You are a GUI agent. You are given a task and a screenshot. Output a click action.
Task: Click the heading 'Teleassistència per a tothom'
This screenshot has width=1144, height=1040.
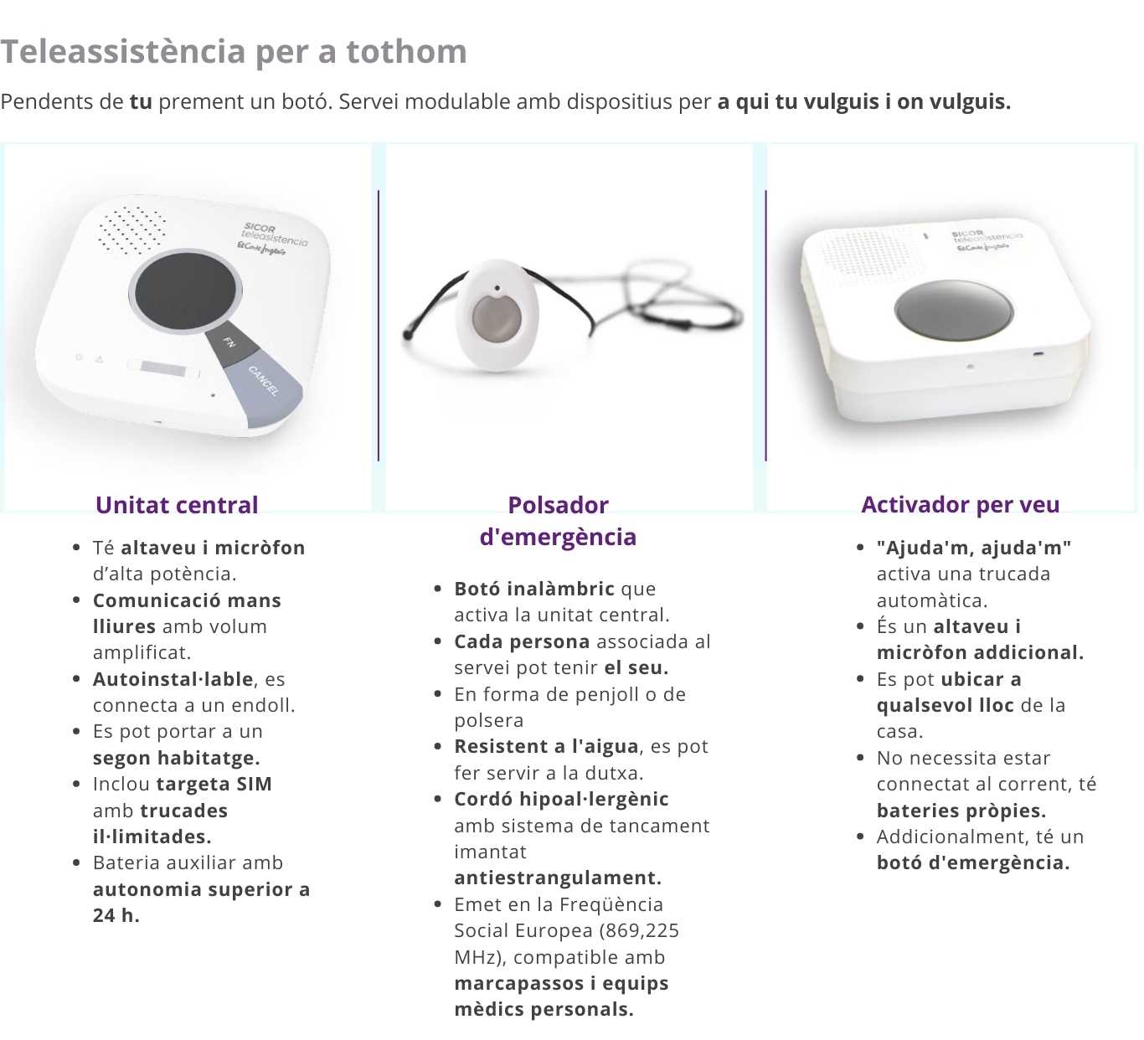234,52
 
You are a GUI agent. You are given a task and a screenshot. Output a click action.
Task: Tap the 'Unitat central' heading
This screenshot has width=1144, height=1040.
177,505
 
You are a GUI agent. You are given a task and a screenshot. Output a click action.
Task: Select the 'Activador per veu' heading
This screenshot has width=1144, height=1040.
961,505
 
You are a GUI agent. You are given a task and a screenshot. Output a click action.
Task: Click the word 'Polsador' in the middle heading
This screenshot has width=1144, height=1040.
558,505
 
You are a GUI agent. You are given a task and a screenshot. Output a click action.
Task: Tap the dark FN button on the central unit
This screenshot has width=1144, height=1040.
234,344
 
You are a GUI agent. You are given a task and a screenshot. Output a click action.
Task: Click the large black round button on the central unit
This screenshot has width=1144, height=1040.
185,291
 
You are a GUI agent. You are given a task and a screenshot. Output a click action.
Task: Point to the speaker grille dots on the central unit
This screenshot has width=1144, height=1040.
131,229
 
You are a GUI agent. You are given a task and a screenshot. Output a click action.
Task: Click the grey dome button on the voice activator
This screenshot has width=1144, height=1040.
954,310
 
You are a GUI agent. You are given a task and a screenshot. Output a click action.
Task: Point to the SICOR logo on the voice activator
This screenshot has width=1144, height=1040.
987,240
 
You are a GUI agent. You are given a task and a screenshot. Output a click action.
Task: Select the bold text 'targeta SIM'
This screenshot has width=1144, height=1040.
214,784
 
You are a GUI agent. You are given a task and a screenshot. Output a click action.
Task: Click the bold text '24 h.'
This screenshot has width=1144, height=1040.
116,915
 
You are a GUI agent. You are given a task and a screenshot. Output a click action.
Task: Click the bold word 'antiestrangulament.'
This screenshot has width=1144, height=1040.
558,878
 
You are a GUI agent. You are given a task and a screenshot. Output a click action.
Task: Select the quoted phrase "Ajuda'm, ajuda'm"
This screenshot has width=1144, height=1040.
974,548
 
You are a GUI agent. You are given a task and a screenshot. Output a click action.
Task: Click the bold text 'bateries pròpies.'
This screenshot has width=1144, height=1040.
961,811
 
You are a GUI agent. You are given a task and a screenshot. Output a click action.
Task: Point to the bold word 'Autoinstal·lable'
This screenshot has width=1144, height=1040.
173,679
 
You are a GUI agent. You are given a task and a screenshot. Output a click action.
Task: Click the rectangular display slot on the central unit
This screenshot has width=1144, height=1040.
163,369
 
